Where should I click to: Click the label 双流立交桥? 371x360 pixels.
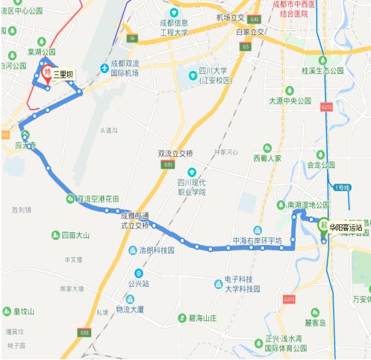point(175,153)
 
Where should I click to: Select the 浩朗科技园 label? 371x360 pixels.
point(156,251)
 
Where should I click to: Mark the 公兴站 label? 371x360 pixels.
point(138,284)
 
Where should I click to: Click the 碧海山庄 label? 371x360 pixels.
point(202,318)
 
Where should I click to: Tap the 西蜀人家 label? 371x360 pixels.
point(266,158)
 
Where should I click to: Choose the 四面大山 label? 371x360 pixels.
point(75,235)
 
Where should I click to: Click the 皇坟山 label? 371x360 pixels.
point(25,311)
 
